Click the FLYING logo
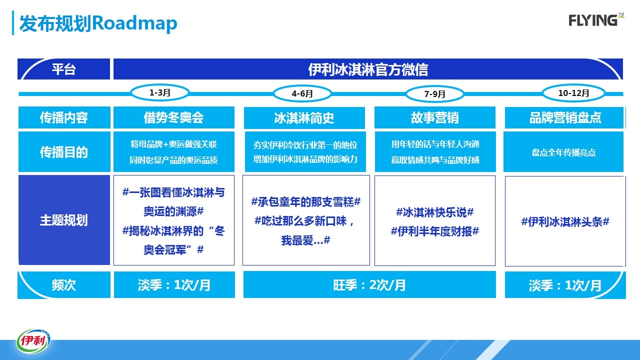click(x=596, y=20)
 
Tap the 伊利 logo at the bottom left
click(x=33, y=341)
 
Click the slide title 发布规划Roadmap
click(x=98, y=23)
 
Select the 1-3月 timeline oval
click(x=159, y=92)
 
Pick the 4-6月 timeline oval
click(x=302, y=93)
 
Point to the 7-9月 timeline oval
click(x=434, y=93)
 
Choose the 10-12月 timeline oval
click(x=573, y=93)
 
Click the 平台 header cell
click(x=63, y=69)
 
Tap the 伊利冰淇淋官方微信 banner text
click(x=368, y=69)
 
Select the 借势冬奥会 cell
click(x=173, y=117)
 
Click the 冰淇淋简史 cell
click(x=304, y=117)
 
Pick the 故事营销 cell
click(x=435, y=117)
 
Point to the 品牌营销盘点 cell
click(x=564, y=117)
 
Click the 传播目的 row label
click(x=64, y=151)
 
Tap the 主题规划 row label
click(x=64, y=220)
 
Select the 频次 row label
click(x=64, y=285)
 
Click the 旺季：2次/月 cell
click(x=369, y=284)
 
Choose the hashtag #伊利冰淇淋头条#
click(x=565, y=221)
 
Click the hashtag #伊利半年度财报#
click(x=435, y=231)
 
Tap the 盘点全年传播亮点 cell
click(x=563, y=151)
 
